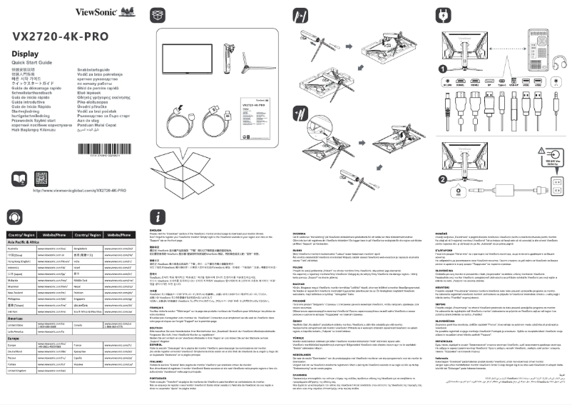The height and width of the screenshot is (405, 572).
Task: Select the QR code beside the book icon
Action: tap(44, 179)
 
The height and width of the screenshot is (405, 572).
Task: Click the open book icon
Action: tap(21, 179)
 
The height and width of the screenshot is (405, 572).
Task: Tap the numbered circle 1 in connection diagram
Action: tap(444, 69)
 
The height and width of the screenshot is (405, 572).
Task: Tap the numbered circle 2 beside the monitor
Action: tap(444, 179)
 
